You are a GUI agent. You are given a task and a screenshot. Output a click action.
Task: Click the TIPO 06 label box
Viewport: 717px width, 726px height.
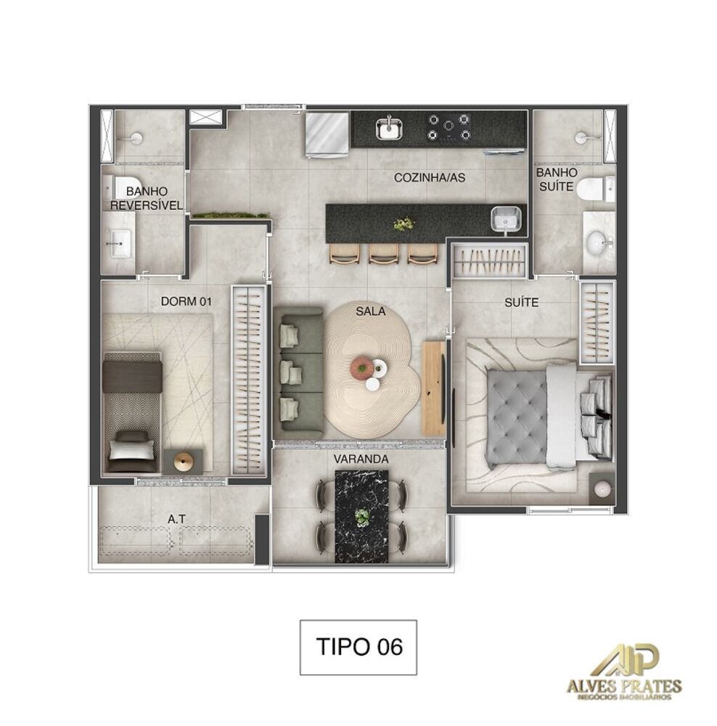coord(358,648)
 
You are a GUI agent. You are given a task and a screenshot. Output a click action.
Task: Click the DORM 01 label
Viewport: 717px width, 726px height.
coord(185,302)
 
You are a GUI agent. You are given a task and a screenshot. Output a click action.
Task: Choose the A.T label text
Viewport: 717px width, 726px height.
coord(175,519)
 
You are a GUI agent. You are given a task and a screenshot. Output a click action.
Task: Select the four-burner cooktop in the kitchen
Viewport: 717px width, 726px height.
coord(448,127)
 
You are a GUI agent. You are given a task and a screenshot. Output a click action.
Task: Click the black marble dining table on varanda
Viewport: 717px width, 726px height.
coord(361,516)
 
